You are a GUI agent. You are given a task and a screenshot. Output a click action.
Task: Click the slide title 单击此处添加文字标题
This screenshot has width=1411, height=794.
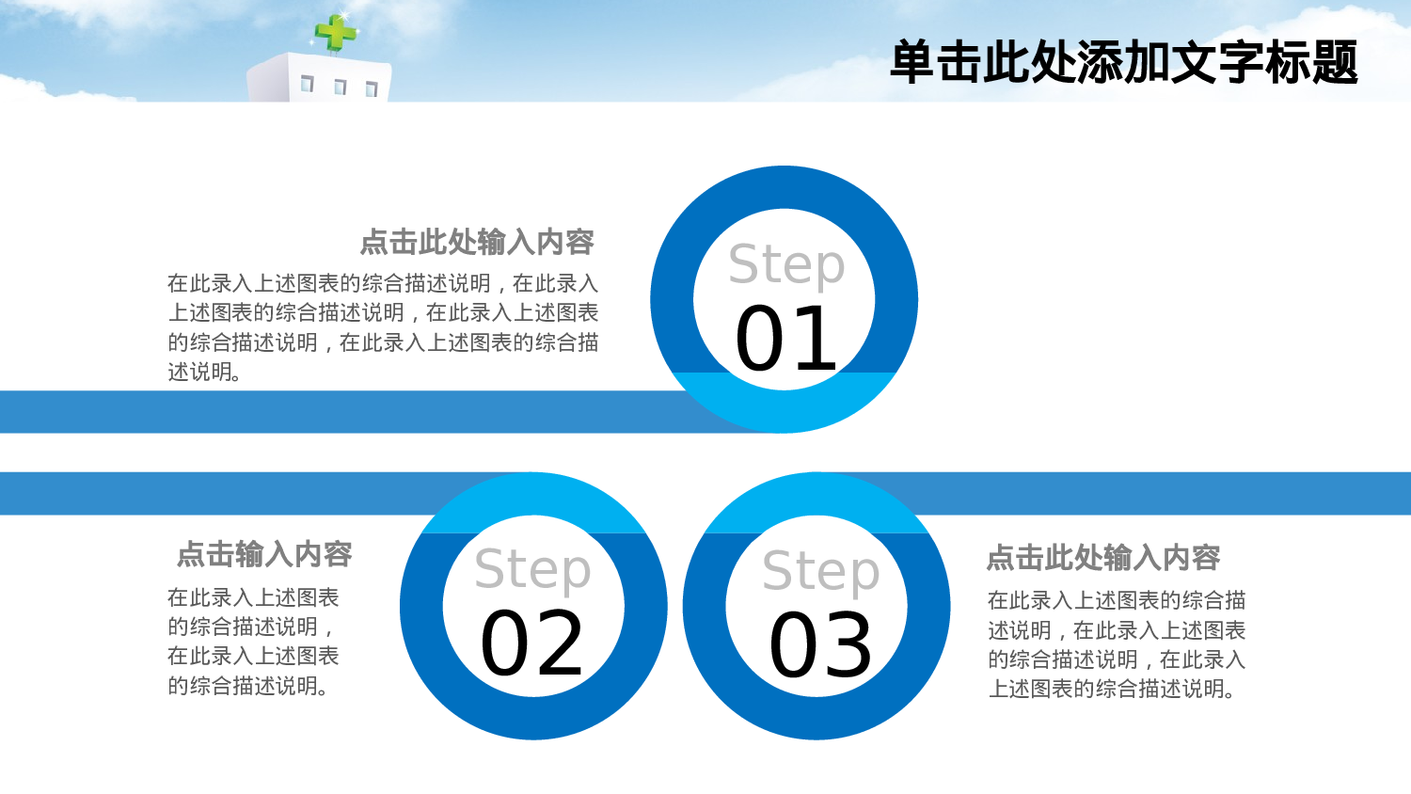pyautogui.click(x=1123, y=63)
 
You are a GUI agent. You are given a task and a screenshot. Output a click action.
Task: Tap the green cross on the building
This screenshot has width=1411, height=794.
pyautogui.click(x=335, y=33)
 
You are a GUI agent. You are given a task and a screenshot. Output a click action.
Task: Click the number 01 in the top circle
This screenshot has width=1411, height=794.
pyautogui.click(x=785, y=340)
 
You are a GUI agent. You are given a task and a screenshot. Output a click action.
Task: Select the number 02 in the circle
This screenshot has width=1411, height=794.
pyautogui.click(x=532, y=644)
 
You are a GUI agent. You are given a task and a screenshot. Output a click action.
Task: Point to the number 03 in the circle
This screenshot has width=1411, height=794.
pyautogui.click(x=820, y=646)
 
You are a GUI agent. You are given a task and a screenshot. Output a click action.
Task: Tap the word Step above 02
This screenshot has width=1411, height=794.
pyautogui.click(x=532, y=571)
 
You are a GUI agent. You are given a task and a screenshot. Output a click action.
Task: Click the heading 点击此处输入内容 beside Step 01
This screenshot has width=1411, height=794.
pyautogui.click(x=477, y=243)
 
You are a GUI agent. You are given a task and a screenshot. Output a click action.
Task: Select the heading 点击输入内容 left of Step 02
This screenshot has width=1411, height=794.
pyautogui.click(x=264, y=555)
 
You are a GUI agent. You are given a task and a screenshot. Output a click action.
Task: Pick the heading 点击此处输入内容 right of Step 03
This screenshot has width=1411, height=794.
pyautogui.click(x=1102, y=558)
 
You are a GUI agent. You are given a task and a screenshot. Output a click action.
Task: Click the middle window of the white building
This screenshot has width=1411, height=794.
pyautogui.click(x=340, y=87)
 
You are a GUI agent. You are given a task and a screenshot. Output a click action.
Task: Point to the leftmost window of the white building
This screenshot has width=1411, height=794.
pyautogui.click(x=307, y=85)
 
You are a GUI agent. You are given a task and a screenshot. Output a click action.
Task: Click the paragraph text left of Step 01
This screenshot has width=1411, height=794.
pyautogui.click(x=383, y=327)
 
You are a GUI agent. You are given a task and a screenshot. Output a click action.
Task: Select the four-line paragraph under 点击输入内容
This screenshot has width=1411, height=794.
pyautogui.click(x=253, y=642)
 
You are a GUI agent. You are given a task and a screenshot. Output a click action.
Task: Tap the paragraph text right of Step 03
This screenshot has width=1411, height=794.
pyautogui.click(x=1117, y=644)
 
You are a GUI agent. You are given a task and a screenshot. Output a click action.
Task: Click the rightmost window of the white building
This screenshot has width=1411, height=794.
pyautogui.click(x=372, y=90)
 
